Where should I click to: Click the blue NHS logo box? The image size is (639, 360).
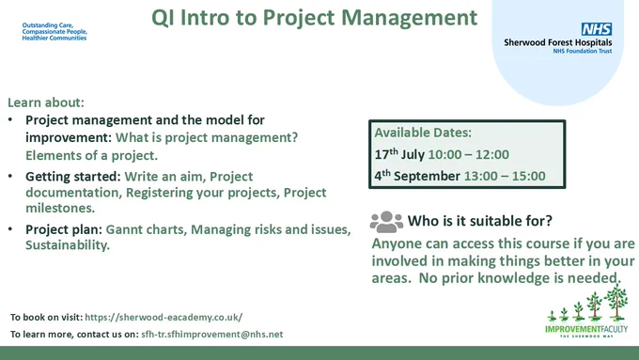coord(597,29)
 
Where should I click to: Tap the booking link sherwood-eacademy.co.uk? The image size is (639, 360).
coord(164,317)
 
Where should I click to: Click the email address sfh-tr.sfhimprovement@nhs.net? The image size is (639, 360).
coord(212,335)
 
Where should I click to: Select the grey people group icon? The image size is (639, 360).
coord(386,222)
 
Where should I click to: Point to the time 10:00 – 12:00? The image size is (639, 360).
coord(468,154)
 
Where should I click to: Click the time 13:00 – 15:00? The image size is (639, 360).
coord(505,176)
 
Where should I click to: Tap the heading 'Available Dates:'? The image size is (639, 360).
coord(423,133)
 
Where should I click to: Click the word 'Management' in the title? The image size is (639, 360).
coord(409,18)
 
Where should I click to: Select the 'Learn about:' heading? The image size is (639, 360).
coord(46,102)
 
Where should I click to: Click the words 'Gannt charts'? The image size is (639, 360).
coord(145,229)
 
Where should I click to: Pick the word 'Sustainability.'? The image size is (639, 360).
coord(68,245)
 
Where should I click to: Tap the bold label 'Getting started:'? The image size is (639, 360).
coord(73,177)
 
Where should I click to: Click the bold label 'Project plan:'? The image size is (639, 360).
coord(64,229)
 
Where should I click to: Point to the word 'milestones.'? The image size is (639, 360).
coord(60,208)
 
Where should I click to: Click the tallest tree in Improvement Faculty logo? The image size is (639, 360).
coord(616,302)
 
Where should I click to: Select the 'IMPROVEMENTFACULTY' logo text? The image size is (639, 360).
coord(586,329)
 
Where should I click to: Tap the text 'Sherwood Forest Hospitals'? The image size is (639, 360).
coord(558,42)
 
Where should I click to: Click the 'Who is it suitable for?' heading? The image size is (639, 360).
coord(480,221)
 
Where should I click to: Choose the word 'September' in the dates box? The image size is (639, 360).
coord(427,176)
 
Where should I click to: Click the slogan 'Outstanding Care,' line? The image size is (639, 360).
coord(48,25)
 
